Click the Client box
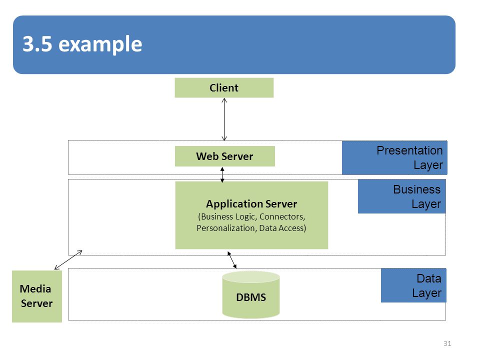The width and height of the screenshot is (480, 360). pos(224,88)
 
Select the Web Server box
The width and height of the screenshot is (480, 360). pos(225,156)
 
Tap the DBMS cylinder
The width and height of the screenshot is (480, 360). pos(251,295)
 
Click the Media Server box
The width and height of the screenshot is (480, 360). pos(37,296)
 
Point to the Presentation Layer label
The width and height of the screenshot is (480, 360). pos(394,157)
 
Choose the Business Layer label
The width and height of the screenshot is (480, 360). pos(402,196)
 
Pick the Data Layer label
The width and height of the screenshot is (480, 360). pos(413,285)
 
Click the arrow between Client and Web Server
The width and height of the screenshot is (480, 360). pos(224,119)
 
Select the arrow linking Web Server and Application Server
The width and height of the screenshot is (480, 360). pos(222,175)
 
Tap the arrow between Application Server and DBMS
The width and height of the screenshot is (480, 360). pos(232,260)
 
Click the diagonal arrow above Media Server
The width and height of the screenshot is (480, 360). pos(68,260)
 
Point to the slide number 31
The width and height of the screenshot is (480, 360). pos(447,343)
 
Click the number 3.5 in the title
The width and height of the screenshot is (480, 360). pos(37,44)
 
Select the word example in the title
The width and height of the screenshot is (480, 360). pos(100,45)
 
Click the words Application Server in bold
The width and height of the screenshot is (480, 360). pos(251,204)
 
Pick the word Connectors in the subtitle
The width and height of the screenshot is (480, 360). pos(282,216)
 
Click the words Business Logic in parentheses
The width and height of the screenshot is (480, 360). pos(228,217)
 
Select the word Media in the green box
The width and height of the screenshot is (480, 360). pos(35,288)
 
